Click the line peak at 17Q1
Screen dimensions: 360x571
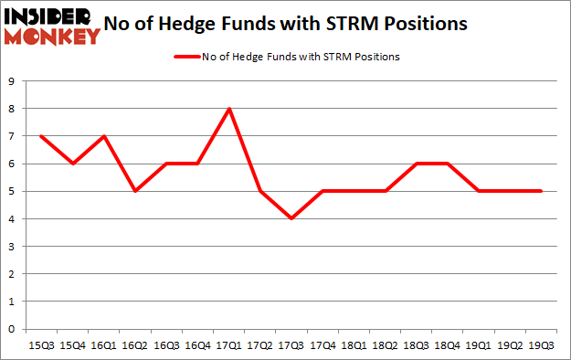[x=229, y=109]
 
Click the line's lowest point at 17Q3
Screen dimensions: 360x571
[x=291, y=218]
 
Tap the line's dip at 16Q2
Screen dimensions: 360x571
[x=136, y=191]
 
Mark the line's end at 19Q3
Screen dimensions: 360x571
[x=541, y=191]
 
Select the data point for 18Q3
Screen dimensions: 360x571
[x=416, y=164]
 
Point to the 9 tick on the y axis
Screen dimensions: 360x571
[x=11, y=81]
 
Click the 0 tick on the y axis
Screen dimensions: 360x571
[x=11, y=329]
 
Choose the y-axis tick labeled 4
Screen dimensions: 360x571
[x=11, y=219]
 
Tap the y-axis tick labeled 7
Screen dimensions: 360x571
[x=11, y=136]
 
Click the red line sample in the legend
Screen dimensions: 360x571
[x=185, y=57]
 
